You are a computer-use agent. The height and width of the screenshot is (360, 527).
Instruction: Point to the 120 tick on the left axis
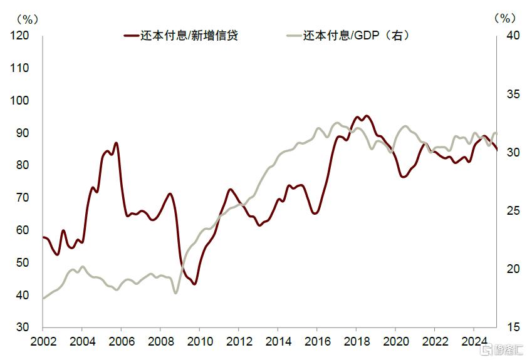click(x=20, y=36)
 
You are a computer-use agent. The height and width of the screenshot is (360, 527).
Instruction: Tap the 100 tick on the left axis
click(x=20, y=101)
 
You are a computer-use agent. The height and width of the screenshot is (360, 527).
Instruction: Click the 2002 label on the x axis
click(x=43, y=342)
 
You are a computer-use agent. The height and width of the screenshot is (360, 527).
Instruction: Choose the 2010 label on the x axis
click(x=199, y=342)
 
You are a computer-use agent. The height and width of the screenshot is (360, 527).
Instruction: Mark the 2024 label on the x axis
click(x=473, y=342)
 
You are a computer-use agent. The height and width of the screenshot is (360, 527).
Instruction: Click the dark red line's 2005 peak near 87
click(x=116, y=143)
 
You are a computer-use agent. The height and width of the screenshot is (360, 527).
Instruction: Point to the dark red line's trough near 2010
click(x=194, y=284)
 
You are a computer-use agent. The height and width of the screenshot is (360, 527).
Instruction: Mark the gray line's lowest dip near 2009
click(x=175, y=292)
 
